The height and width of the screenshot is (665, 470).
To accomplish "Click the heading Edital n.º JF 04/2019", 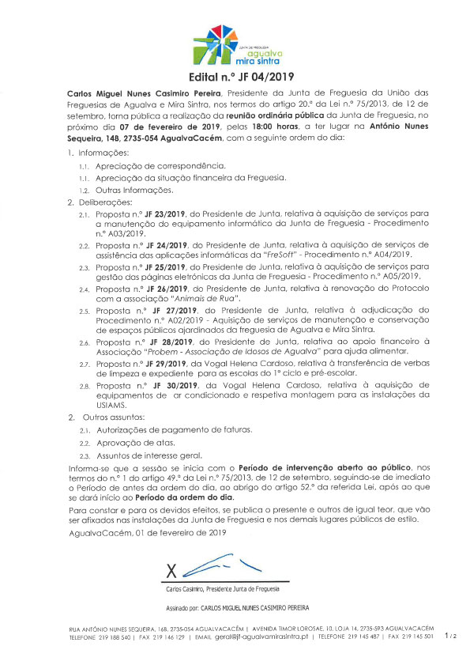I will tap(235, 77).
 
